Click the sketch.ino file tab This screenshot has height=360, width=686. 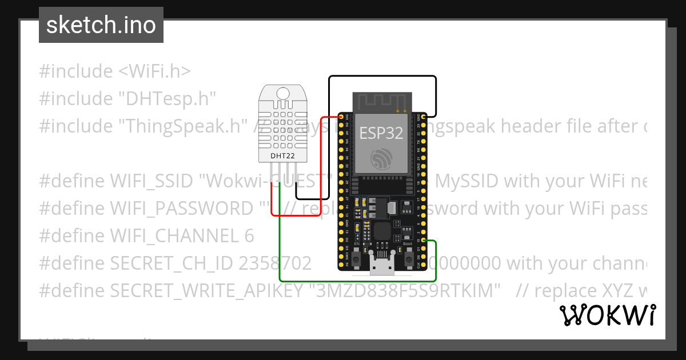[x=101, y=25]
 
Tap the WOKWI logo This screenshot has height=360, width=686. [x=607, y=315]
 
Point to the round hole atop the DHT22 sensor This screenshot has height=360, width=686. [x=282, y=93]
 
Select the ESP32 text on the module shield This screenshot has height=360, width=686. [x=381, y=133]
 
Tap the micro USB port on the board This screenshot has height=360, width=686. [x=381, y=266]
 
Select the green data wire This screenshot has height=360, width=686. [x=354, y=281]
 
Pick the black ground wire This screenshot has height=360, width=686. [x=382, y=77]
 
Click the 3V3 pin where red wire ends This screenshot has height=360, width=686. [x=347, y=117]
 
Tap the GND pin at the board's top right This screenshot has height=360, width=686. [x=423, y=117]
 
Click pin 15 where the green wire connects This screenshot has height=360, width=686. [x=423, y=241]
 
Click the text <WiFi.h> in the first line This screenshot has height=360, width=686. [x=154, y=71]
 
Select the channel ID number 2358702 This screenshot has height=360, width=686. [x=275, y=263]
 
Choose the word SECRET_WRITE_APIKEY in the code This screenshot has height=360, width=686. [x=206, y=291]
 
